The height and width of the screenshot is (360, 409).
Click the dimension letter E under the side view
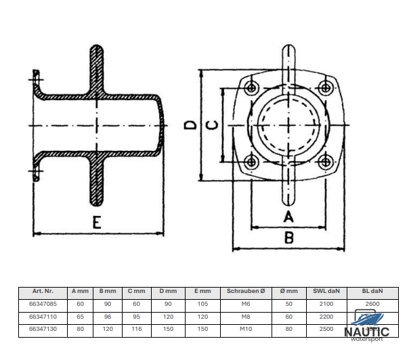coord(99,223)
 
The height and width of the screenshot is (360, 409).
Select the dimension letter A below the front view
coord(288,217)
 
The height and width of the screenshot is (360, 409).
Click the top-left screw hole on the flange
coord(252,87)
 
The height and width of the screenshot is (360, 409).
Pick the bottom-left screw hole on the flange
coord(252,161)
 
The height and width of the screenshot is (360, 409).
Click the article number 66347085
coord(43,303)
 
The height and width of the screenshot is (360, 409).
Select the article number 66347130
coord(43,328)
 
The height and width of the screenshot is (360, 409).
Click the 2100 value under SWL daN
coord(326,303)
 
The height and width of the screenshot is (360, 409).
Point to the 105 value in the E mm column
coord(202,303)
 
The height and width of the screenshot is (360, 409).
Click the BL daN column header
coord(372,291)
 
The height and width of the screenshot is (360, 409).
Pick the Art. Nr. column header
coord(43,291)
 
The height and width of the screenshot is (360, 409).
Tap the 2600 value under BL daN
coord(372,303)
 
